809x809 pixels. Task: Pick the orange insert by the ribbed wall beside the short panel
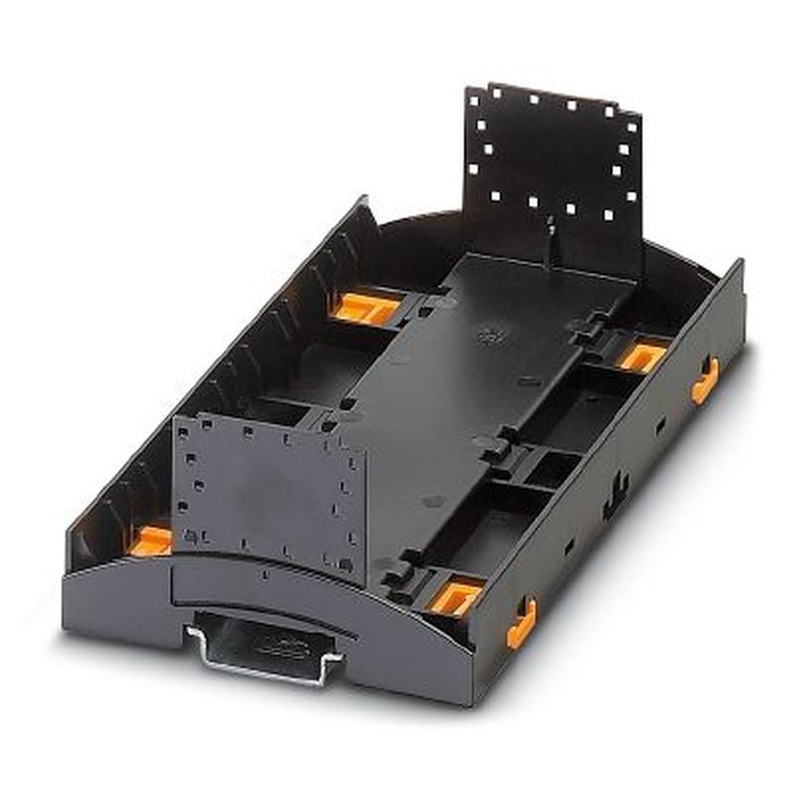(151, 540)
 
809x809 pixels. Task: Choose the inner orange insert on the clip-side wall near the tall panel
(643, 357)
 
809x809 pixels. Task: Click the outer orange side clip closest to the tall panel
(705, 379)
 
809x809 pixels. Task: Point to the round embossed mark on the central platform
(489, 334)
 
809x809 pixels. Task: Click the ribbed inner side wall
(243, 340)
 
